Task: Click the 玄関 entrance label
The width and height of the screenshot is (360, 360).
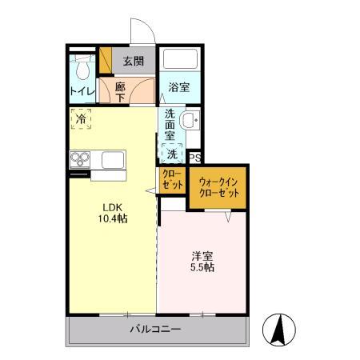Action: [133, 61]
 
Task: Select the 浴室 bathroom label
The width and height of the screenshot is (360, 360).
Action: [178, 87]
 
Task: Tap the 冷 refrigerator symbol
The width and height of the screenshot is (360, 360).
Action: [81, 119]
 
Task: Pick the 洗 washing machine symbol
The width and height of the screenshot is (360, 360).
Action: [172, 152]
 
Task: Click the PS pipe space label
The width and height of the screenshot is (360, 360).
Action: [194, 158]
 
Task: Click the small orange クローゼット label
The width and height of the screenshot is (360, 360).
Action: [171, 178]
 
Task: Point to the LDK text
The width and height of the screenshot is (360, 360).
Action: [109, 205]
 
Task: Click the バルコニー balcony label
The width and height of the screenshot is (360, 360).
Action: [155, 330]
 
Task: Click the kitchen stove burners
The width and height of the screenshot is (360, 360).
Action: [80, 158]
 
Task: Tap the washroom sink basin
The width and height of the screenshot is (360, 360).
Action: [188, 121]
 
